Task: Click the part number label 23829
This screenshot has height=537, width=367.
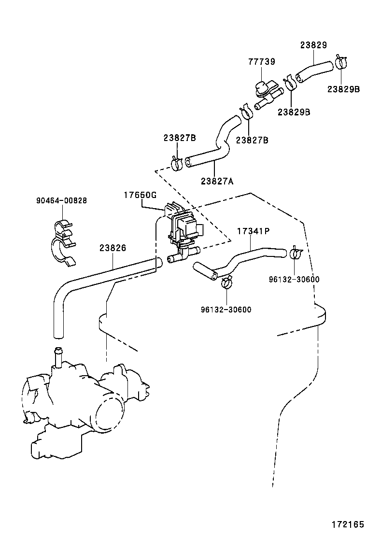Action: pos(313,45)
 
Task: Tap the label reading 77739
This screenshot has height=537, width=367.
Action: pos(262,62)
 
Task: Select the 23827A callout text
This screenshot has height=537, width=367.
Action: pos(217,181)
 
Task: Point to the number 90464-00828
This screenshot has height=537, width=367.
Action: pos(61,200)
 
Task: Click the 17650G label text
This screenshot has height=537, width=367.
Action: pos(140,195)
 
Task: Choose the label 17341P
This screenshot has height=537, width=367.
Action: pos(253,231)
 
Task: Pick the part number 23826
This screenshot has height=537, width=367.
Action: pos(113,248)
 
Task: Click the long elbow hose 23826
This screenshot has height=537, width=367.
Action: pos(97,280)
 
